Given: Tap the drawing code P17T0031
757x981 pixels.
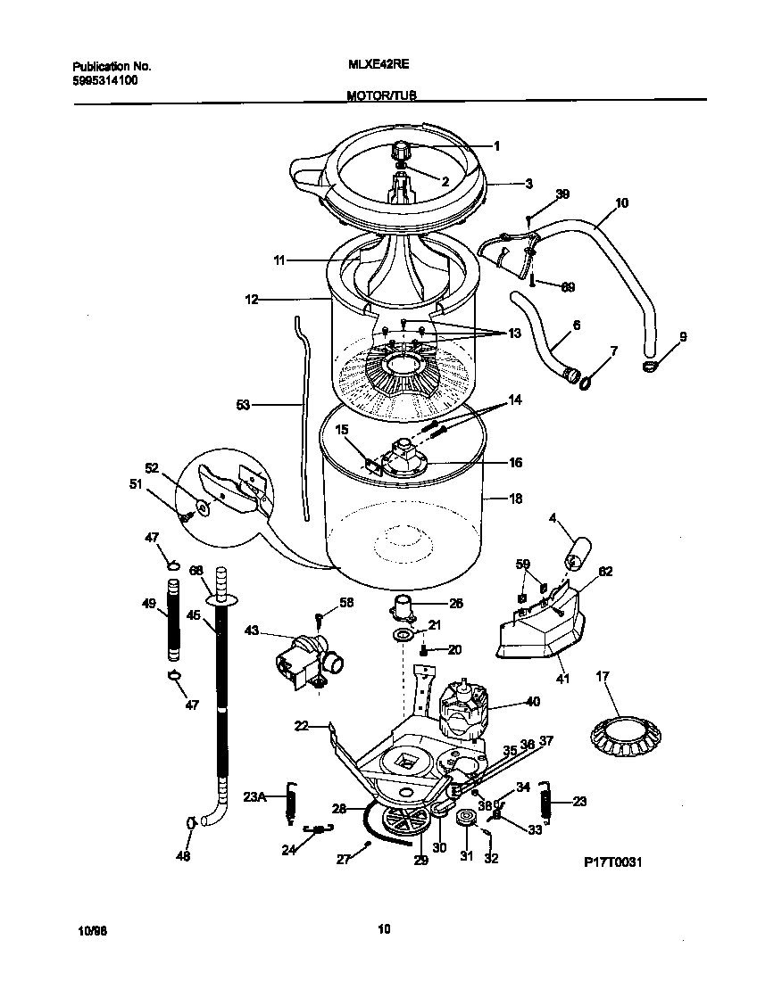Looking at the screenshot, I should pos(613,862).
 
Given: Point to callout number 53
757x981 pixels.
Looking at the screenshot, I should pos(244,405).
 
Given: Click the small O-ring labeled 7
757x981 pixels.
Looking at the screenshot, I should pos(584,383).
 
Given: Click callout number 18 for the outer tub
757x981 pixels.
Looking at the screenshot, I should pos(515,499).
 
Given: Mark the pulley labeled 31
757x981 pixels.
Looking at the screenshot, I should pos(465,820).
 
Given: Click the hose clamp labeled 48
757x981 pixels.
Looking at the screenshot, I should pos(190,822).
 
